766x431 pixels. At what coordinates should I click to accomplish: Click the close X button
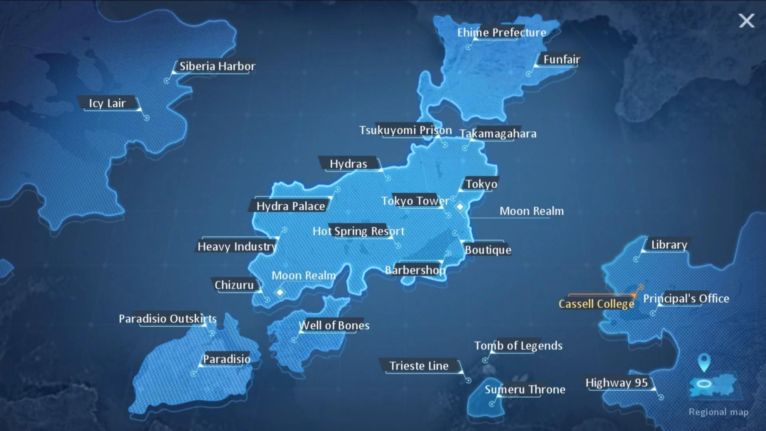tap(746, 21)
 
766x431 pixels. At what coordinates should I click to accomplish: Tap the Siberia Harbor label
tap(217, 66)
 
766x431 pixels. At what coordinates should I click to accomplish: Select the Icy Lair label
tap(107, 103)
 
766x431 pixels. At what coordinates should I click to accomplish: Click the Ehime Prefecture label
tap(501, 33)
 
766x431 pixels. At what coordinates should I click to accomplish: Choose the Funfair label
tap(561, 59)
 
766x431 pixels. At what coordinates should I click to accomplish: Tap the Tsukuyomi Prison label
tap(405, 130)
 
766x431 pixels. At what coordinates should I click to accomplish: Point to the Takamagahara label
tap(498, 134)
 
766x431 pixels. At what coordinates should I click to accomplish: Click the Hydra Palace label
tap(290, 206)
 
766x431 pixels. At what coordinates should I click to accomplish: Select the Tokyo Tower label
tap(415, 201)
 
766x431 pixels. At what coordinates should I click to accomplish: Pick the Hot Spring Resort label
tap(358, 231)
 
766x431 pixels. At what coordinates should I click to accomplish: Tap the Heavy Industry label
tap(237, 247)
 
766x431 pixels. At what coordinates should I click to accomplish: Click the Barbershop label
tap(415, 270)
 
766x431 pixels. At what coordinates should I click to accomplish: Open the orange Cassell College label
tap(596, 304)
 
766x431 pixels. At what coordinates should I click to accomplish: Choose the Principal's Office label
tap(686, 299)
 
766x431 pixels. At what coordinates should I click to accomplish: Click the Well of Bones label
tap(334, 326)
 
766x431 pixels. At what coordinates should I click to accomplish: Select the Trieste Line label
tap(419, 366)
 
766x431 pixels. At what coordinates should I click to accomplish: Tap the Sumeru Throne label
tap(525, 389)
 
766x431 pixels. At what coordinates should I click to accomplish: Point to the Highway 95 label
tap(616, 383)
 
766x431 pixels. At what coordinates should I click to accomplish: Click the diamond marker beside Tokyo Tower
tap(460, 207)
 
